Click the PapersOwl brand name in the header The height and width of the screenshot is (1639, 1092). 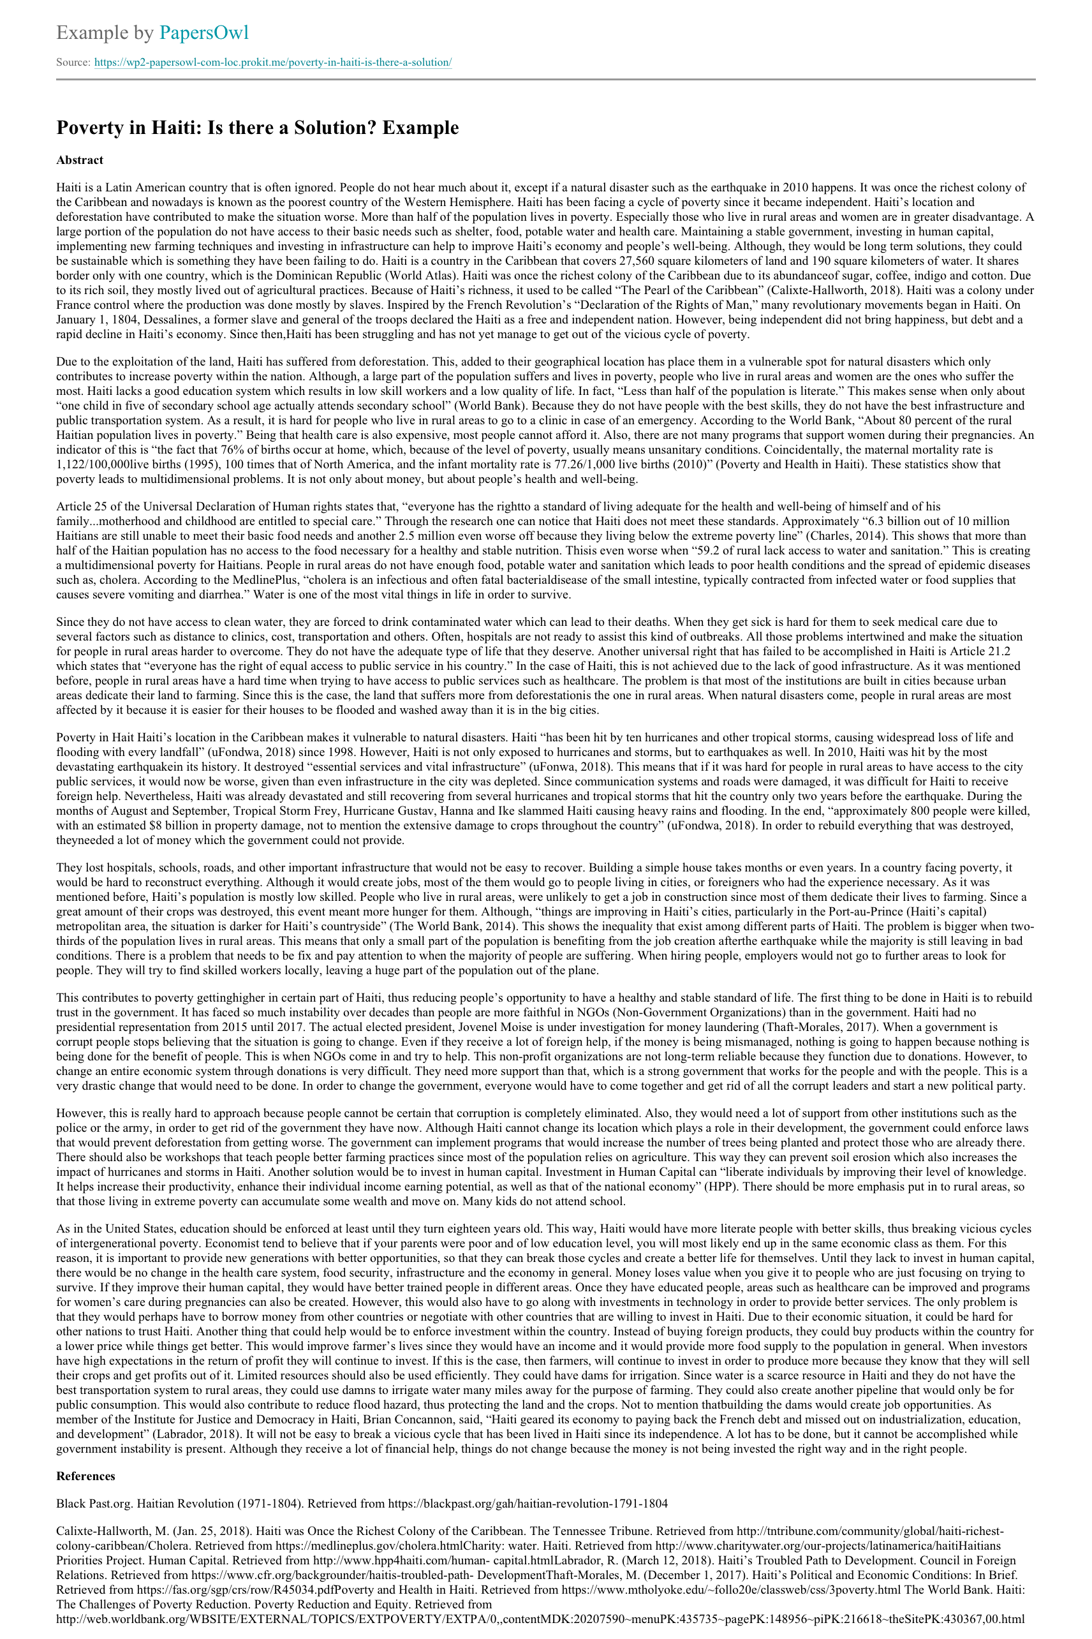pyautogui.click(x=203, y=33)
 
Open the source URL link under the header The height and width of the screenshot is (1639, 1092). pyautogui.click(x=273, y=63)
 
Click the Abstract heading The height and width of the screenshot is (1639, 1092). pyautogui.click(x=79, y=160)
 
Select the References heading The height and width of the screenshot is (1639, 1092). pyautogui.click(x=85, y=1476)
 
